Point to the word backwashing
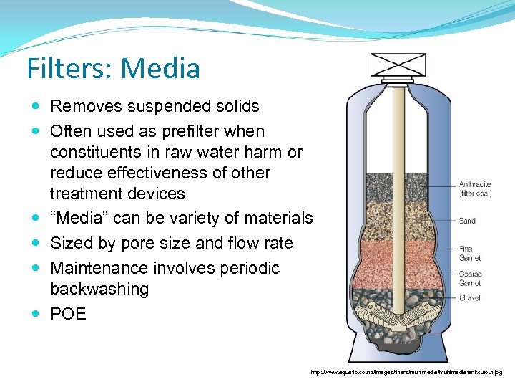99,290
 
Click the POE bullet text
68,315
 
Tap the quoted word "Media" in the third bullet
78,219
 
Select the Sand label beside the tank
467,221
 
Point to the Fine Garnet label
469,253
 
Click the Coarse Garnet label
470,279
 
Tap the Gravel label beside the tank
469,298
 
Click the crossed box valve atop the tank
397,64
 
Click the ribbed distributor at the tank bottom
397,315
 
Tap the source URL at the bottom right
406,373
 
